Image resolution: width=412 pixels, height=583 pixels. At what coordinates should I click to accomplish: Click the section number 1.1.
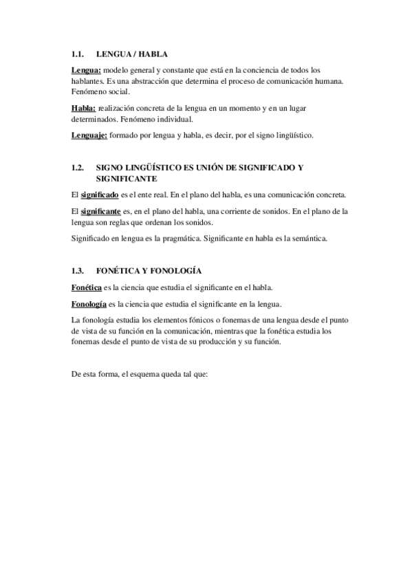coord(78,54)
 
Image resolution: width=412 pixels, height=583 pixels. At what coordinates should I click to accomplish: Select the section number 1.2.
coord(78,168)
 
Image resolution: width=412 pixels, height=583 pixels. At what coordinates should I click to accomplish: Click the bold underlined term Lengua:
coord(86,70)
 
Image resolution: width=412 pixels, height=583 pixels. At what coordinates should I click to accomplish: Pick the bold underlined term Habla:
coord(84,108)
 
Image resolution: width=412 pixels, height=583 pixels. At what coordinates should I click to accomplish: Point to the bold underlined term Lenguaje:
coord(89,135)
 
